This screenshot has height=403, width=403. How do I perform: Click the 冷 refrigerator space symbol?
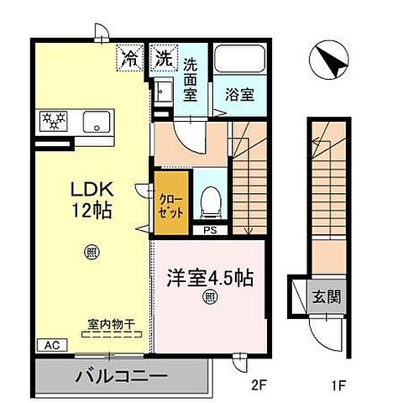point(131,60)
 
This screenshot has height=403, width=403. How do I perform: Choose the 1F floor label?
point(337,387)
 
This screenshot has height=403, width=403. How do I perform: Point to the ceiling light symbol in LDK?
point(91,250)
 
